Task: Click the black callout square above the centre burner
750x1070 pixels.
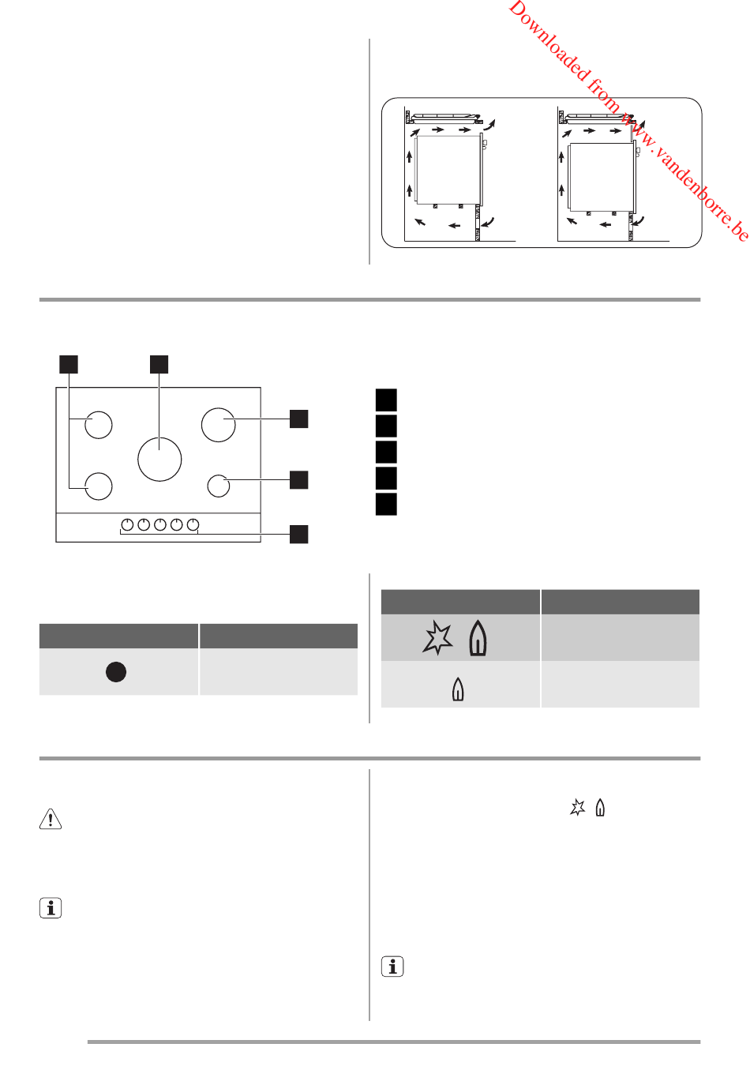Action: tap(159, 364)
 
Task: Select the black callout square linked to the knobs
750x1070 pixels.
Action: tap(299, 534)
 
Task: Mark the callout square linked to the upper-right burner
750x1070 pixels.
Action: tap(299, 419)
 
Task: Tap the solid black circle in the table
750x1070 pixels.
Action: tap(116, 672)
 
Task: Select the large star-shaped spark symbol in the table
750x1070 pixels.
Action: tap(437, 637)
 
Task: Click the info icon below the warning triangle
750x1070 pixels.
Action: tap(51, 908)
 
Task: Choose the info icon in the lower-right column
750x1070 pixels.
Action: tap(392, 967)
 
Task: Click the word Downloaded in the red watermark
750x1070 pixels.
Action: tap(549, 43)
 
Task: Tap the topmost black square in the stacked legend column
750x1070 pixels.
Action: tap(386, 400)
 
